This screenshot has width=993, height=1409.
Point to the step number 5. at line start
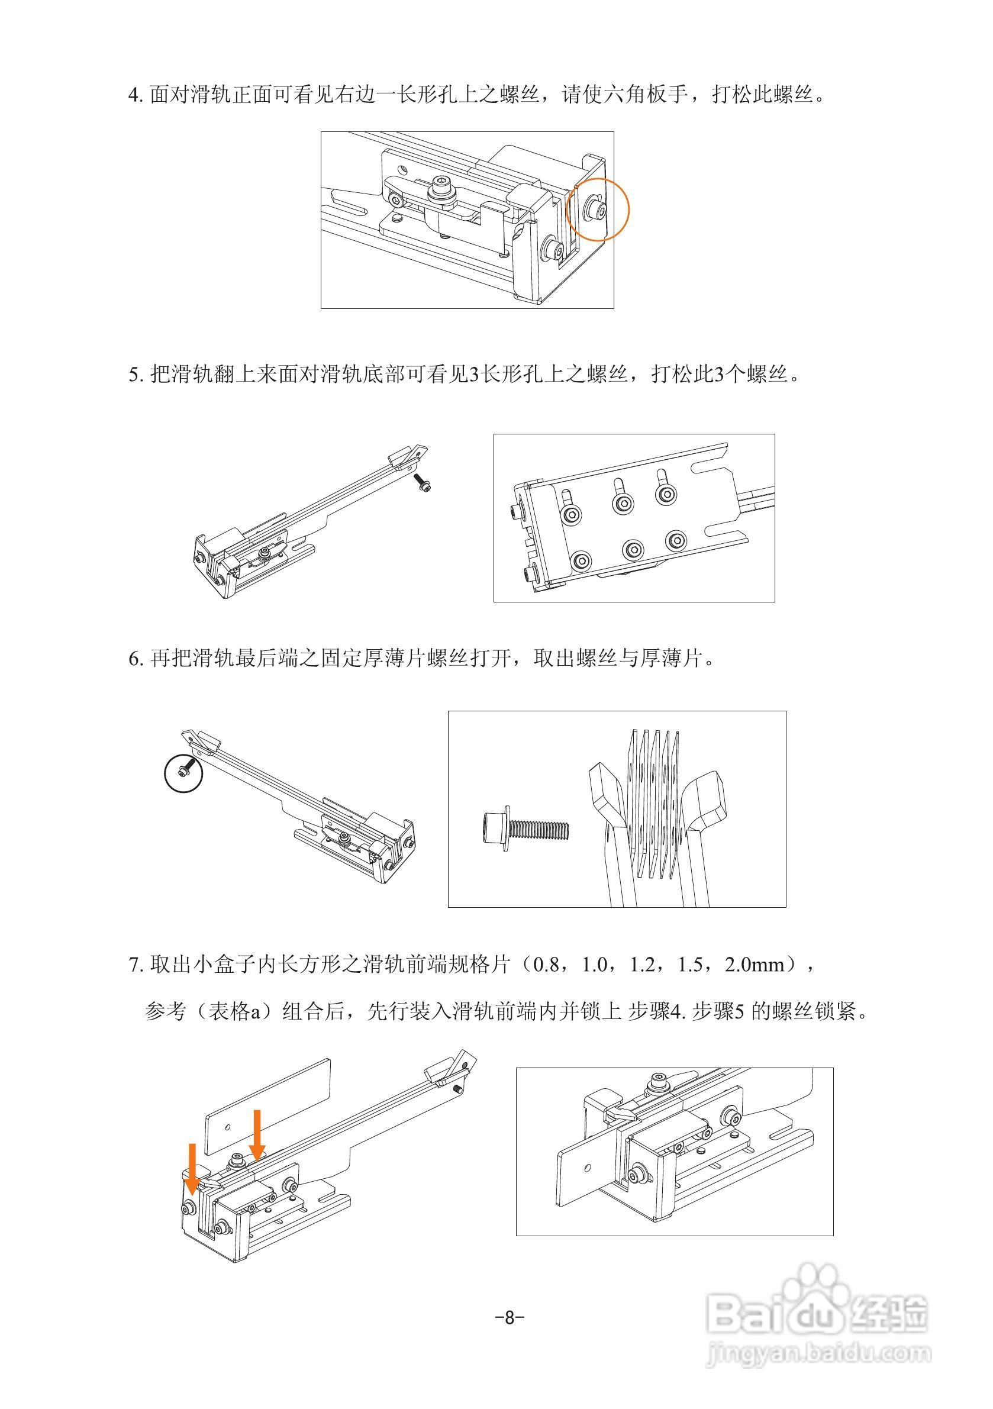coord(136,375)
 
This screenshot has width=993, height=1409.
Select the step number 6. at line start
coord(136,660)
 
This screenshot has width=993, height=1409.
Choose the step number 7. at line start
coord(136,965)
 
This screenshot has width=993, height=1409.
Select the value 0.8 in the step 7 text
coord(546,965)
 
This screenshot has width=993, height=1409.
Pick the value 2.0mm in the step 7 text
coord(755,965)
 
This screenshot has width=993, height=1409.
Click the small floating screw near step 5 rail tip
coord(423,482)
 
